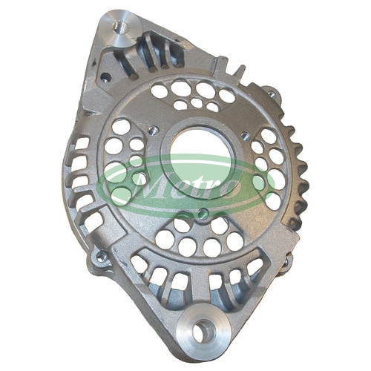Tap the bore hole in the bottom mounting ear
(203, 329)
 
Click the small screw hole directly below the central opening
(203, 212)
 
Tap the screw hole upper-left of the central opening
(151, 129)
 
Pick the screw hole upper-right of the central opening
(245, 135)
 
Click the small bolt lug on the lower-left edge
(101, 257)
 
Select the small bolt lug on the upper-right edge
(272, 93)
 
